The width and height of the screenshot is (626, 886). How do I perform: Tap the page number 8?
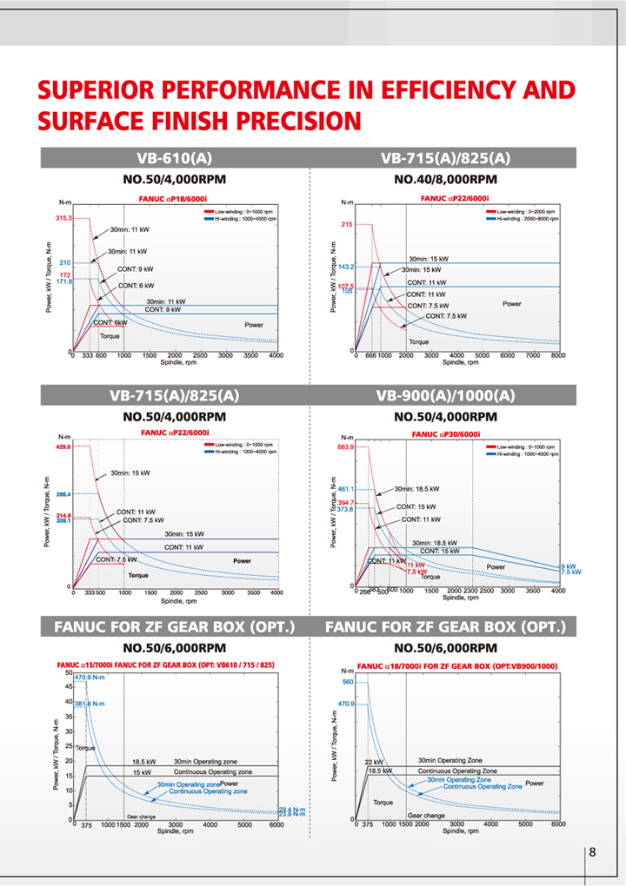coord(593,851)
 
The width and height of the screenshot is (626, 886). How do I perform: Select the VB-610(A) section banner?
coord(174,158)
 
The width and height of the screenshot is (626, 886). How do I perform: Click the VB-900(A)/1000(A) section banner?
coord(446,395)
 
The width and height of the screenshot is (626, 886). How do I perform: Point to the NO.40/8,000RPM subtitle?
coord(446,180)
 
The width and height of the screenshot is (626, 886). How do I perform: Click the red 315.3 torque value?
coord(63,218)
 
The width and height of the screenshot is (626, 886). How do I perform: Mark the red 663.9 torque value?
coord(343,447)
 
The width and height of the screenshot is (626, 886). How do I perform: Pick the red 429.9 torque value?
coord(63,446)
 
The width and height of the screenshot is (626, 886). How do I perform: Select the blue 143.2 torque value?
coord(345,267)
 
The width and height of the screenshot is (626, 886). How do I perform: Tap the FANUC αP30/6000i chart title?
coord(447,433)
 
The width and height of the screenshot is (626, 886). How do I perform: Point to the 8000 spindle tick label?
coord(557,356)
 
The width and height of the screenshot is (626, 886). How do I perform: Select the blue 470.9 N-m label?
coord(91,677)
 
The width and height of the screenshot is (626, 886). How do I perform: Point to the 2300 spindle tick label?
coord(472,592)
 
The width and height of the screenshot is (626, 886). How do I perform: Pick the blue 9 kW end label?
coord(569,566)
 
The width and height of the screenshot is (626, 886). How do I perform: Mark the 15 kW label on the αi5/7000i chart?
coord(143,771)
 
